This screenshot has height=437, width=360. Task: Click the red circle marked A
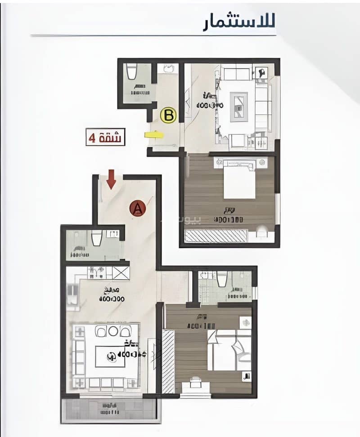(x=138, y=208)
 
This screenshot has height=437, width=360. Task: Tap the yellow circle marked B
(x=169, y=116)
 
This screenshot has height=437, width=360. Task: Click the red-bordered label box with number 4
(x=105, y=137)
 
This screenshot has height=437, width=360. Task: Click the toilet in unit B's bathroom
(x=132, y=72)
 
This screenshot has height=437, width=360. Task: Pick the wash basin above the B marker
(x=169, y=69)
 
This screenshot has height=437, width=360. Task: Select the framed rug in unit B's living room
(x=239, y=107)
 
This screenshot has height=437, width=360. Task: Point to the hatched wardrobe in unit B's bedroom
(x=216, y=236)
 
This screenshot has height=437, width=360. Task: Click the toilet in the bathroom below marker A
(x=97, y=237)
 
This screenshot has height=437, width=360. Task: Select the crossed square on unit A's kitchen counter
(x=121, y=273)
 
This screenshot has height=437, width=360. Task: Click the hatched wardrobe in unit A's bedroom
(x=168, y=361)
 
